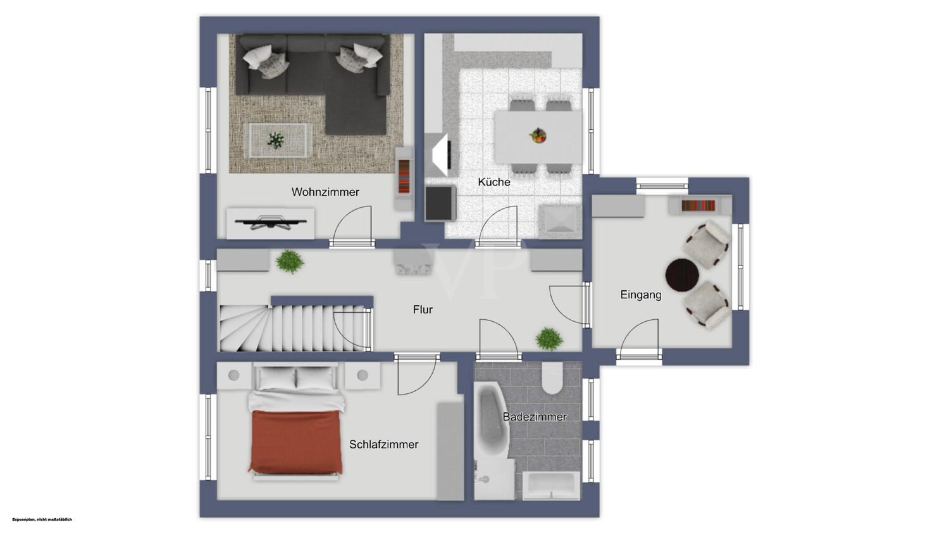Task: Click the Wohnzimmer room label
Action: [x=325, y=192]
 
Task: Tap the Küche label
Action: [x=494, y=182]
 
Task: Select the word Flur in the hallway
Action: [x=423, y=310]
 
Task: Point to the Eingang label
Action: [x=640, y=295]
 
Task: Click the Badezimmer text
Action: [x=535, y=417]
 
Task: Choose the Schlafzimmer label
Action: [x=384, y=445]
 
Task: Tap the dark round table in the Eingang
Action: [x=682, y=276]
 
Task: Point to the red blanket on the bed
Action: [x=295, y=442]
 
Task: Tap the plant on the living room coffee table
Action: [x=276, y=140]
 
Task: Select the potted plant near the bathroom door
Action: [x=550, y=339]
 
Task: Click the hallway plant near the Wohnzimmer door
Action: [x=290, y=262]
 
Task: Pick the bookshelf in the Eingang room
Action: [x=700, y=206]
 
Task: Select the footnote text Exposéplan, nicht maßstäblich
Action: [x=42, y=519]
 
